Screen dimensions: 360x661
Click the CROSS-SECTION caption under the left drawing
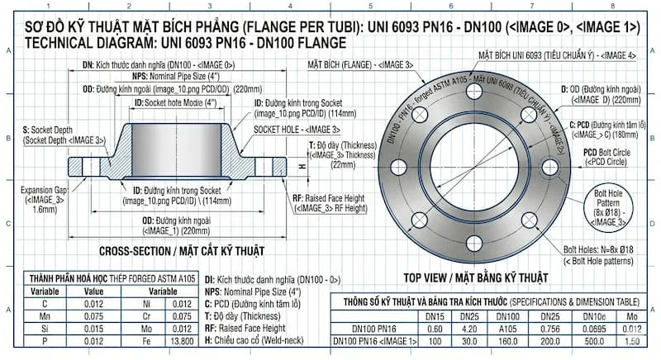click(180, 250)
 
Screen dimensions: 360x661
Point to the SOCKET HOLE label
click(296, 130)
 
